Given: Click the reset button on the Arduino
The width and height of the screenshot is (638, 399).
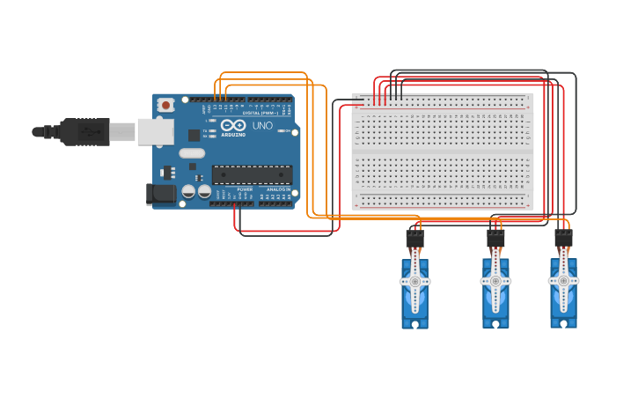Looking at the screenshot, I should [165, 105].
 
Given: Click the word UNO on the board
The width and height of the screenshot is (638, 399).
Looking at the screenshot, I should [263, 125].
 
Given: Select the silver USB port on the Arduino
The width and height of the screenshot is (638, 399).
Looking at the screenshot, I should [155, 132].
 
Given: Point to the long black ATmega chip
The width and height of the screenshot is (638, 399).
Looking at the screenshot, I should [252, 174].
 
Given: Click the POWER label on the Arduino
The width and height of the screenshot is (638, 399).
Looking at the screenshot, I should [245, 189].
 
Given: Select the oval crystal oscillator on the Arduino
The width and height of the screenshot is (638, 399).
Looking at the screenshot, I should [192, 153].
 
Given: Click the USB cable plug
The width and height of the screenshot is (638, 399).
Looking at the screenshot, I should [84, 132].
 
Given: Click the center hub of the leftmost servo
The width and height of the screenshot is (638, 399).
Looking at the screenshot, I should [414, 282].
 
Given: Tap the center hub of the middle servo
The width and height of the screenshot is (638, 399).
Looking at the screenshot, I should [495, 282].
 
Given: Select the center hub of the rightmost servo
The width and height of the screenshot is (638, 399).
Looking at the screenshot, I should [563, 282].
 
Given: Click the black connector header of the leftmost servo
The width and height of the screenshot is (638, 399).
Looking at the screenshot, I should [414, 238].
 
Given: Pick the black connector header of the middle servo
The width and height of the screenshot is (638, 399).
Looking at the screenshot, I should [495, 238].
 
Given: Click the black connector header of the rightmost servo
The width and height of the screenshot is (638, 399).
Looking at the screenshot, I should [563, 238].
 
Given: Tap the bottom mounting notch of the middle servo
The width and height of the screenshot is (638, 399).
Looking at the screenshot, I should [495, 323].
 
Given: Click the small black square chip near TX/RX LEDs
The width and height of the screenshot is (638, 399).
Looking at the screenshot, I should [194, 135].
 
